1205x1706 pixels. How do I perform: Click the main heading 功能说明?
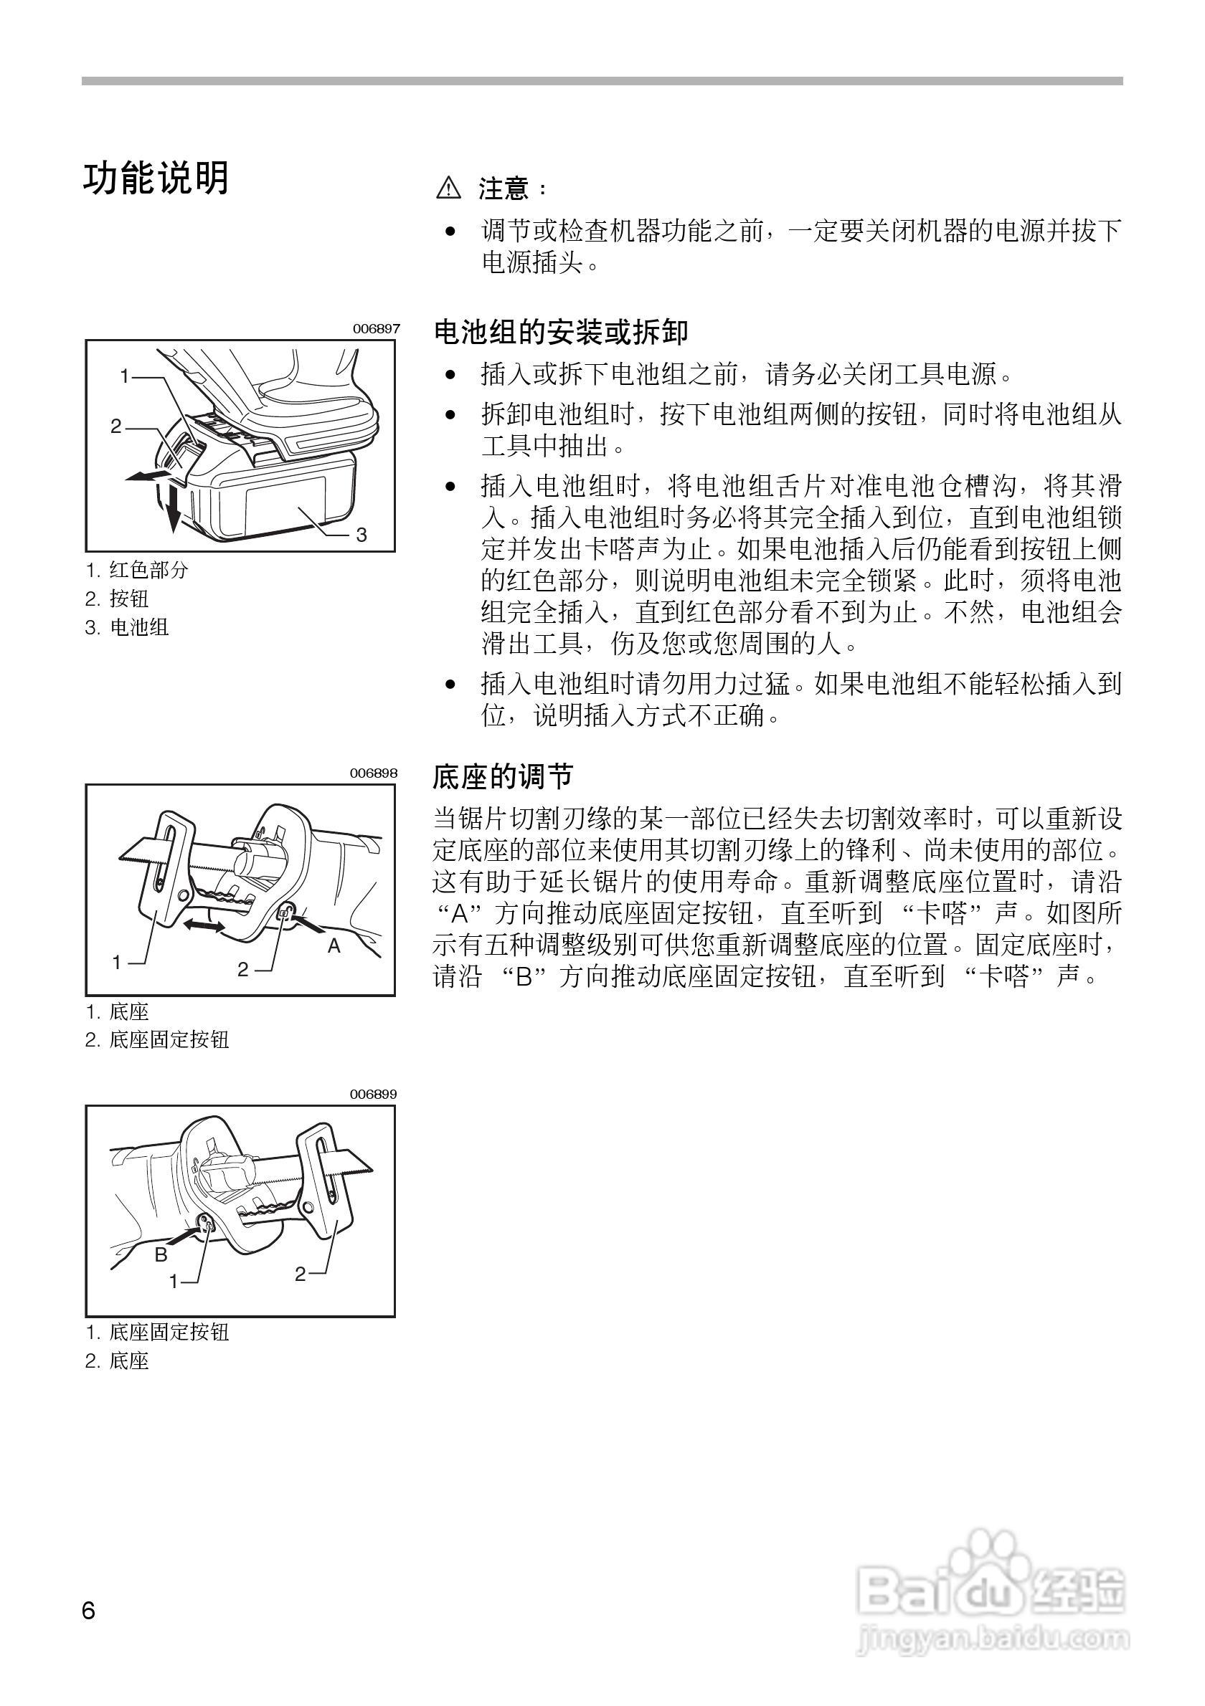click(156, 179)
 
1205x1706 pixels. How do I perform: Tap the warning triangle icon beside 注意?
click(448, 189)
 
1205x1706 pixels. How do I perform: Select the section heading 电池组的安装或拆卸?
click(560, 332)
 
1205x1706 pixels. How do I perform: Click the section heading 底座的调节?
click(504, 777)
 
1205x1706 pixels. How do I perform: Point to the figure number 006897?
click(376, 328)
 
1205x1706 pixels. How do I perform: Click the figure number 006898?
click(374, 773)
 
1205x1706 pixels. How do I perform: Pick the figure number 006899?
click(374, 1094)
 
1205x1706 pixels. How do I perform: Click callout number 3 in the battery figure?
click(361, 535)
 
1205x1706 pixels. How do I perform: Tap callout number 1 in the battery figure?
click(125, 377)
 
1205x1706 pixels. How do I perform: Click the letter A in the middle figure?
click(334, 946)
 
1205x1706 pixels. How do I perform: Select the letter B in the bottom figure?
click(161, 1255)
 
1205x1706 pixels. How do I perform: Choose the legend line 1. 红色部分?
click(137, 571)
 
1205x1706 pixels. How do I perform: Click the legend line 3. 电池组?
click(127, 628)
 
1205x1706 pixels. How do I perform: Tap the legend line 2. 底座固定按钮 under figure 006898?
click(157, 1039)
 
